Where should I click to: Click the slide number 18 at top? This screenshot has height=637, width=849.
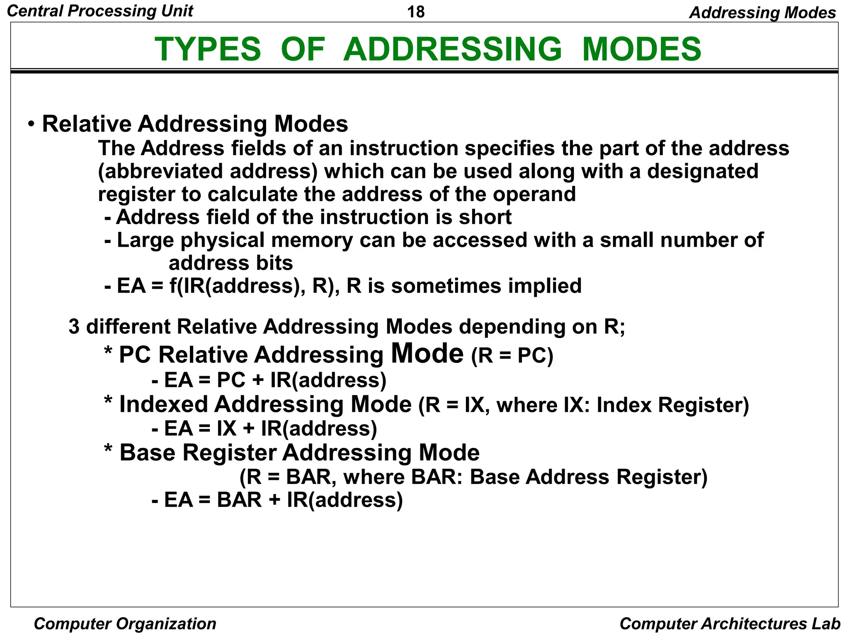[x=416, y=12]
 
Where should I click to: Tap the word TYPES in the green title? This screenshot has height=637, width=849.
[x=208, y=49]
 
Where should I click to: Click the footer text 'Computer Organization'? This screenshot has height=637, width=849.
[x=125, y=624]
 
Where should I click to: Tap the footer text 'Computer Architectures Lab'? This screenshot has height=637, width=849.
[x=730, y=624]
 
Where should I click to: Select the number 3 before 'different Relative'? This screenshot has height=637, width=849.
[x=74, y=327]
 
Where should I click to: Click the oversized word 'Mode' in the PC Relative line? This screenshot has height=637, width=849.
[x=427, y=354]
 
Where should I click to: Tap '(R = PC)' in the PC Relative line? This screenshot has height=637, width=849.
[x=512, y=356]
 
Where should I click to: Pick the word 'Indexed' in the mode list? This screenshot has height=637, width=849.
[x=163, y=404]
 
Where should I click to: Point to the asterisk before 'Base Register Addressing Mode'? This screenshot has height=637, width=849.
[x=108, y=450]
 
